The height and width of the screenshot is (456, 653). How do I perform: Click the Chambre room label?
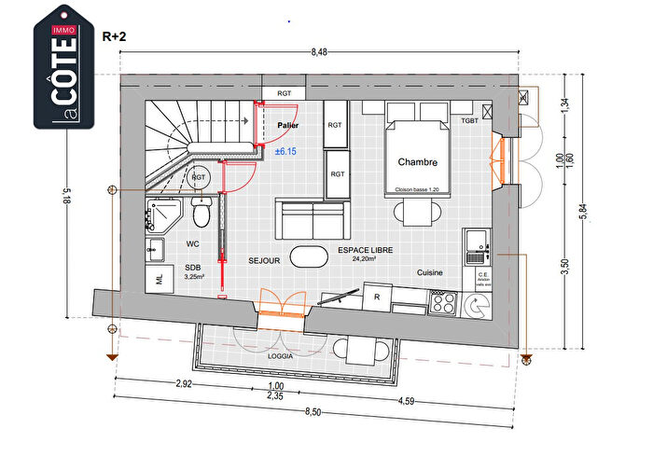(x=417, y=162)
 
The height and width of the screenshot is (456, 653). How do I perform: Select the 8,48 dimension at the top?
(x=321, y=53)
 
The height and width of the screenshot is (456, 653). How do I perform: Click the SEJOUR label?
(x=265, y=261)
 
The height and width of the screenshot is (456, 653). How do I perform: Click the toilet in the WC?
(x=200, y=214)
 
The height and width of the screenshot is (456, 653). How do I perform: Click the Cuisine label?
(x=430, y=273)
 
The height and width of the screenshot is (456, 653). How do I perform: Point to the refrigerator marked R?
(x=377, y=297)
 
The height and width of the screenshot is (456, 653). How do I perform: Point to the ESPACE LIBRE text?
(x=365, y=251)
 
